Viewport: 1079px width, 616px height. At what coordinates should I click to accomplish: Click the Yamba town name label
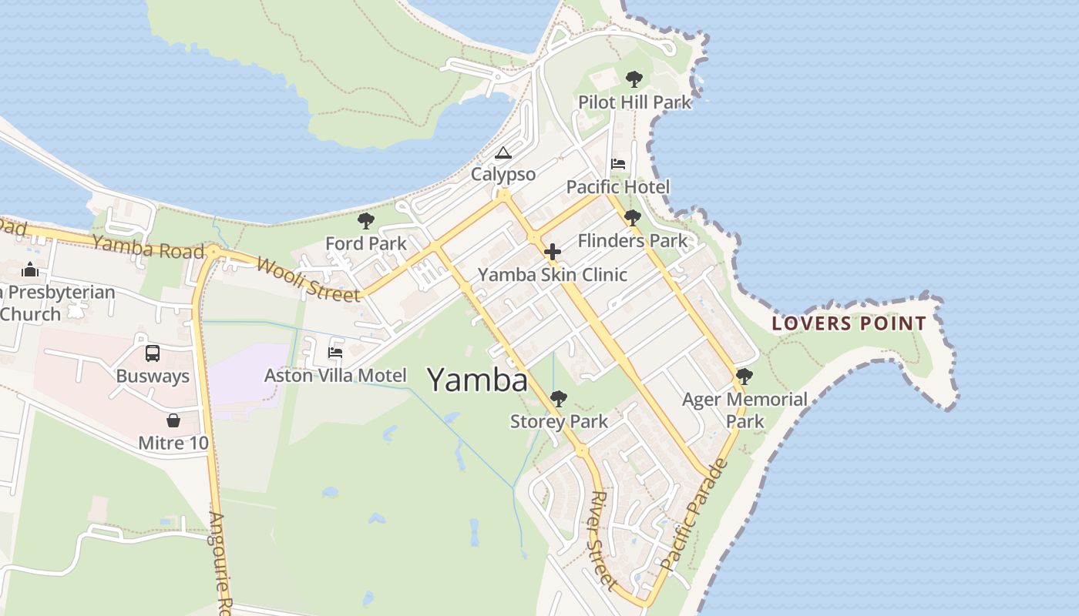[477, 380]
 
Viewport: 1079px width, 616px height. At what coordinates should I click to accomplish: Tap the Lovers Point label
[849, 323]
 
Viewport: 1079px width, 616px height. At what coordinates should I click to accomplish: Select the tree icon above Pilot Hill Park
[634, 79]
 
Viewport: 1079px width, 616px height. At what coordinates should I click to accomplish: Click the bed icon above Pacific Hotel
[618, 163]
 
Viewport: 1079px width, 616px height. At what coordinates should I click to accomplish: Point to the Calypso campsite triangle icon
[503, 152]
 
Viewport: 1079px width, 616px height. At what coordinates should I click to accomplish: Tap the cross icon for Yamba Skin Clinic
[552, 252]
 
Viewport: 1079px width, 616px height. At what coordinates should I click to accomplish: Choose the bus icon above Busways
[153, 353]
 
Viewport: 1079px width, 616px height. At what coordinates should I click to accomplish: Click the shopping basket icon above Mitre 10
[173, 420]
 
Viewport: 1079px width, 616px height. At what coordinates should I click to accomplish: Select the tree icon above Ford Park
[366, 222]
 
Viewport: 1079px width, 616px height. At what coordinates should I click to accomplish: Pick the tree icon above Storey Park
[559, 399]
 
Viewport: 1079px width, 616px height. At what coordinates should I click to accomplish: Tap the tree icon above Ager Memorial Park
[744, 377]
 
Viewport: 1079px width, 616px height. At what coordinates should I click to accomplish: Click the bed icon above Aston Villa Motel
[335, 353]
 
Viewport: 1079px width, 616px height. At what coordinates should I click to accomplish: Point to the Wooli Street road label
[308, 279]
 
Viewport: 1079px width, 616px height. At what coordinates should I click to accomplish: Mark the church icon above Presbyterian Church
[30, 269]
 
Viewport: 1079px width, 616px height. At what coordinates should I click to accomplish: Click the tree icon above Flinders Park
[633, 218]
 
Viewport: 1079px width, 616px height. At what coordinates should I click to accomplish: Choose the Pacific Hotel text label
[617, 187]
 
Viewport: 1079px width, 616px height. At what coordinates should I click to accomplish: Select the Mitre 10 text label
[173, 444]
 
